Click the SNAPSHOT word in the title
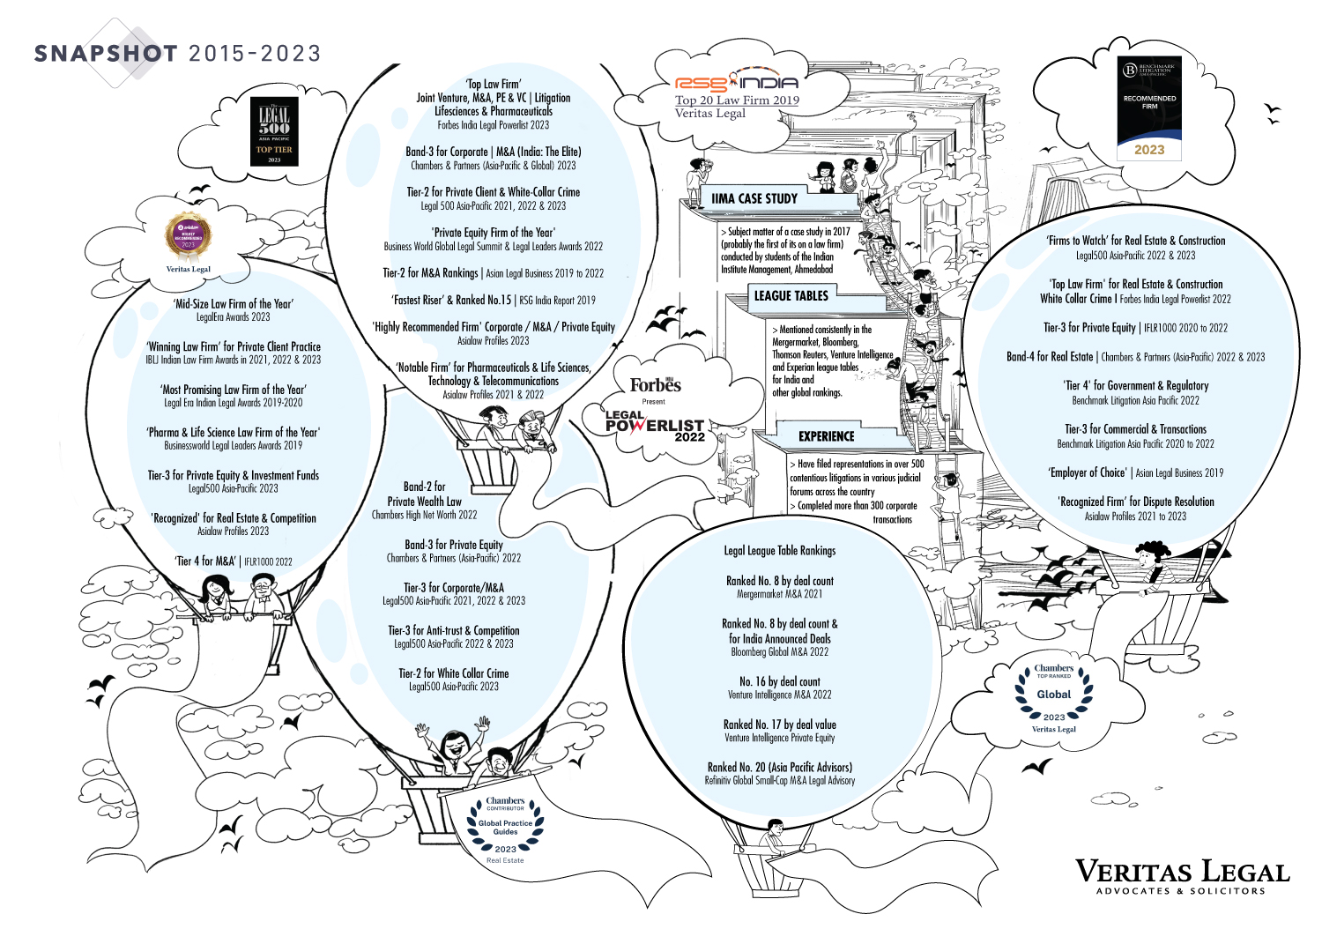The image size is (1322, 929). tap(106, 54)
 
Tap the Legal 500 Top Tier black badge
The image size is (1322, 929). tap(274, 132)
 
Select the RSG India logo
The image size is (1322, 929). tap(736, 82)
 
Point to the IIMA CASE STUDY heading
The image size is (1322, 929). tap(754, 199)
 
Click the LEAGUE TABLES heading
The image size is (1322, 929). tap(791, 296)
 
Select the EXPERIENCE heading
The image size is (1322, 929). tap(826, 436)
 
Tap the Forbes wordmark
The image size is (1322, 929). tap(655, 385)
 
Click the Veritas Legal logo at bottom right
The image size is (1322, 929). tap(1182, 876)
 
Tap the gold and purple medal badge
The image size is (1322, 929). tap(188, 237)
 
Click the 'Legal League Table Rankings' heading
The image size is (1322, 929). tap(779, 551)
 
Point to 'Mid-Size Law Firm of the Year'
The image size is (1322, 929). tap(234, 303)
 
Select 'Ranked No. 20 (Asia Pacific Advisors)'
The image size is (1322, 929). tap(779, 767)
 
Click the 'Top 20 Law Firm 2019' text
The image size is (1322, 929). tap(737, 100)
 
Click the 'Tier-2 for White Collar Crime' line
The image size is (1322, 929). tap(453, 673)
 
